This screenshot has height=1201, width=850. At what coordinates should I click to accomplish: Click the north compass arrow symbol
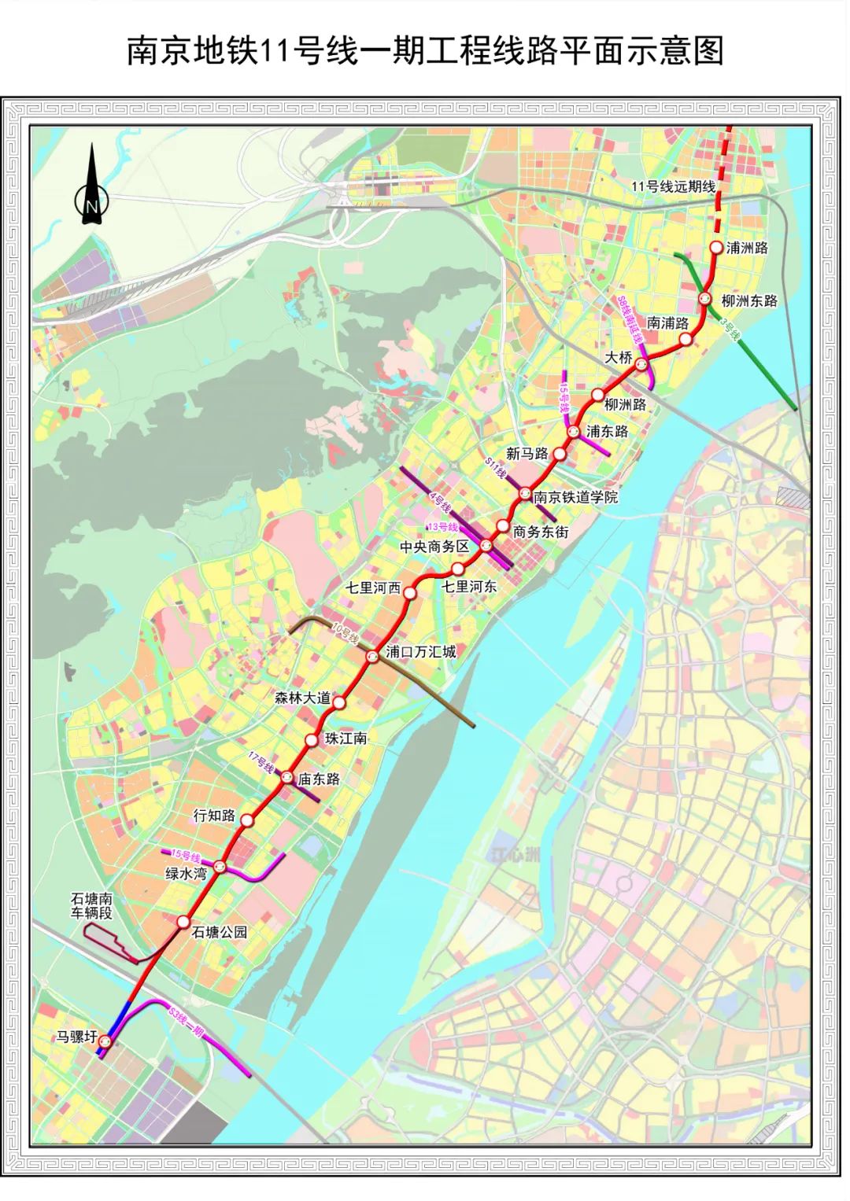(x=92, y=189)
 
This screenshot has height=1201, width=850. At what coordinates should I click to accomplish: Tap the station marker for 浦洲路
(x=716, y=247)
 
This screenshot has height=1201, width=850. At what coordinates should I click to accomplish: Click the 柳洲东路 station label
(x=749, y=300)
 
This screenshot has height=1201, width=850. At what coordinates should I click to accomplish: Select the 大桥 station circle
(x=642, y=363)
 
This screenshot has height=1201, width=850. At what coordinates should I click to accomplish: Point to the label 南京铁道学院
(x=575, y=497)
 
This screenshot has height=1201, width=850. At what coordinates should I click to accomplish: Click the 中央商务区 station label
(x=434, y=547)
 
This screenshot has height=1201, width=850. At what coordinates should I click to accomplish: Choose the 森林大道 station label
(x=298, y=697)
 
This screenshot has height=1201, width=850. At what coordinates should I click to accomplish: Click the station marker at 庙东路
(x=287, y=777)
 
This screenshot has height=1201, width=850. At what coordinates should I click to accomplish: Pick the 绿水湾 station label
(x=185, y=872)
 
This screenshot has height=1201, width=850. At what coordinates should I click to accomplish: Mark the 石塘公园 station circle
(x=183, y=922)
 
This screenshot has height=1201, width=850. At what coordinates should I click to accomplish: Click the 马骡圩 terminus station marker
(x=105, y=1041)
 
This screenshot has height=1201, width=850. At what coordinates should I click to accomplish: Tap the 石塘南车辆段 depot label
(x=91, y=905)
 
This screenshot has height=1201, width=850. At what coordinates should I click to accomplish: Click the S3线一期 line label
(x=187, y=1020)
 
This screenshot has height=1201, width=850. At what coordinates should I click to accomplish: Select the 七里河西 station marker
(x=410, y=593)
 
